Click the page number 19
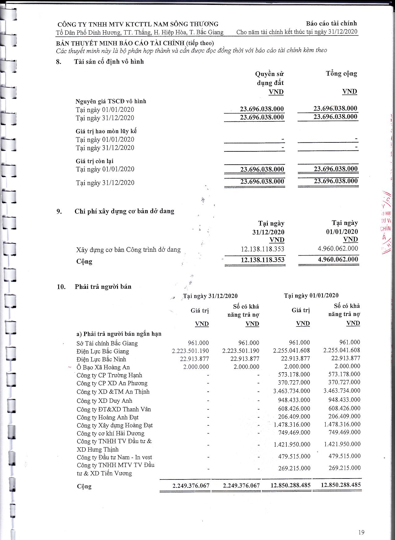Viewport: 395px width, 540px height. (361, 532)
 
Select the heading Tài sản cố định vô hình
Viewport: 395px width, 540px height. (109, 61)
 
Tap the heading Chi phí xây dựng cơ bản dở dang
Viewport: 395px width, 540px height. (124, 211)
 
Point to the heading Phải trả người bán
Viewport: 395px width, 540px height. (103, 287)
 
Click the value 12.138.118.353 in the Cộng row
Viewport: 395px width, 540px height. (263, 260)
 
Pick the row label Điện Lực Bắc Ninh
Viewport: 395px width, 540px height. (101, 359)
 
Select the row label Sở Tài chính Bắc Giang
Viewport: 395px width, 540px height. (107, 343)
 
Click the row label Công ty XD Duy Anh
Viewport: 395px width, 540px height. (104, 401)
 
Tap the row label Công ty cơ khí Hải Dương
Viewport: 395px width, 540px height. (111, 433)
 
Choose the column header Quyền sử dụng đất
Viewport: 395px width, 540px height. (270, 78)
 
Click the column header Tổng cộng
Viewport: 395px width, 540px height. (341, 74)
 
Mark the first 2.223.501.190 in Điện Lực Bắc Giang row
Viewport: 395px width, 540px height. (190, 351)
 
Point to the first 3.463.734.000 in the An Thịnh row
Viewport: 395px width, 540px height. (292, 391)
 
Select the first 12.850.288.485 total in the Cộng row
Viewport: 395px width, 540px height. (290, 485)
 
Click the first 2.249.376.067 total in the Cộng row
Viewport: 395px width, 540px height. (191, 486)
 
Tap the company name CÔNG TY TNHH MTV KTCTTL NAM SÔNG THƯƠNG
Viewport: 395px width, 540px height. (138, 24)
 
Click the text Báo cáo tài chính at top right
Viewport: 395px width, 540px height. (331, 23)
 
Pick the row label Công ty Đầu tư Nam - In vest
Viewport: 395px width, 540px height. (114, 457)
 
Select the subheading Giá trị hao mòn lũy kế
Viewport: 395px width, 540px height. (106, 131)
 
